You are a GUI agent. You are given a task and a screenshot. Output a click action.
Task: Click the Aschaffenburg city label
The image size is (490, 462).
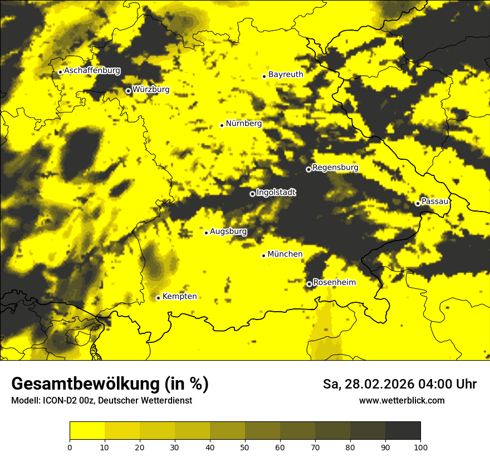click(x=92, y=71)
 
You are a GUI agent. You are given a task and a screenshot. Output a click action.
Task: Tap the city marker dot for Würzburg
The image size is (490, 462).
click(x=128, y=91)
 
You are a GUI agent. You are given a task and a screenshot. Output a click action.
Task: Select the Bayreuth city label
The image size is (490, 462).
click(x=286, y=75)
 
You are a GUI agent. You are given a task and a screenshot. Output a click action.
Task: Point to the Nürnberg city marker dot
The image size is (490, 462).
click(x=222, y=125)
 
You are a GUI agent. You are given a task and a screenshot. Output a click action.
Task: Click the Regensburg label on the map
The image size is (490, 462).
click(x=335, y=168)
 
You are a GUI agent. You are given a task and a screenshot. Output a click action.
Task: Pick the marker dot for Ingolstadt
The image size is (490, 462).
click(x=252, y=194)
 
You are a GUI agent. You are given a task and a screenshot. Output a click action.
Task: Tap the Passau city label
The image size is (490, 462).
click(x=435, y=201)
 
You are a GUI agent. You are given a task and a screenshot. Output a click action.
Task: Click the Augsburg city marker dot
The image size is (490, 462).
click(x=206, y=233)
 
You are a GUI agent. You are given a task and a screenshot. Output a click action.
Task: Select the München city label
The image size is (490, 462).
click(x=285, y=254)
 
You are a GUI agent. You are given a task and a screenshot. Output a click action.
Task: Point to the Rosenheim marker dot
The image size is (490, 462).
click(x=310, y=284)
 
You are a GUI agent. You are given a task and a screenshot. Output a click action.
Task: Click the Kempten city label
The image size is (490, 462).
click(x=179, y=297)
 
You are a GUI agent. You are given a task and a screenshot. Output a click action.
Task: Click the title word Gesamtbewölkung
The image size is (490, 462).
click(x=84, y=384)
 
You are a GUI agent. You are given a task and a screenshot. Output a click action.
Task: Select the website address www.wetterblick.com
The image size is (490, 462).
click(x=401, y=401)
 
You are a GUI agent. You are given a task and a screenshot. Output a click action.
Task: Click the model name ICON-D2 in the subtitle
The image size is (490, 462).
click(x=58, y=401)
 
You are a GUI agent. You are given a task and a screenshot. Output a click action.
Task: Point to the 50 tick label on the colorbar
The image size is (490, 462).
click(x=245, y=447)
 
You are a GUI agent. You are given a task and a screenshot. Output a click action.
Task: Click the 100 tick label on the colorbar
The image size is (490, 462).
click(x=420, y=447)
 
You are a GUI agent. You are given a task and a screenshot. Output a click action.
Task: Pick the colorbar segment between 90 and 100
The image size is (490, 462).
click(x=403, y=431)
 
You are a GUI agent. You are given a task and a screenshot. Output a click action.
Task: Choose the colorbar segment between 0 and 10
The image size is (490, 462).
click(x=87, y=431)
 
